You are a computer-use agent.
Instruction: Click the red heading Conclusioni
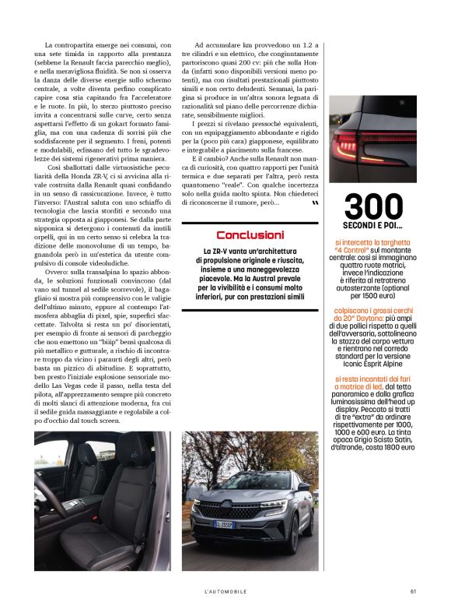point(250,234)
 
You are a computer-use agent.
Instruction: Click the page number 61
point(413,590)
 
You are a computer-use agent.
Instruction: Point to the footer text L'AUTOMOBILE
point(224,590)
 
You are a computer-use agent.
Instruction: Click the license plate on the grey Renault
point(226,525)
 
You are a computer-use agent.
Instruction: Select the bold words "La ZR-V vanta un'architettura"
point(250,251)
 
